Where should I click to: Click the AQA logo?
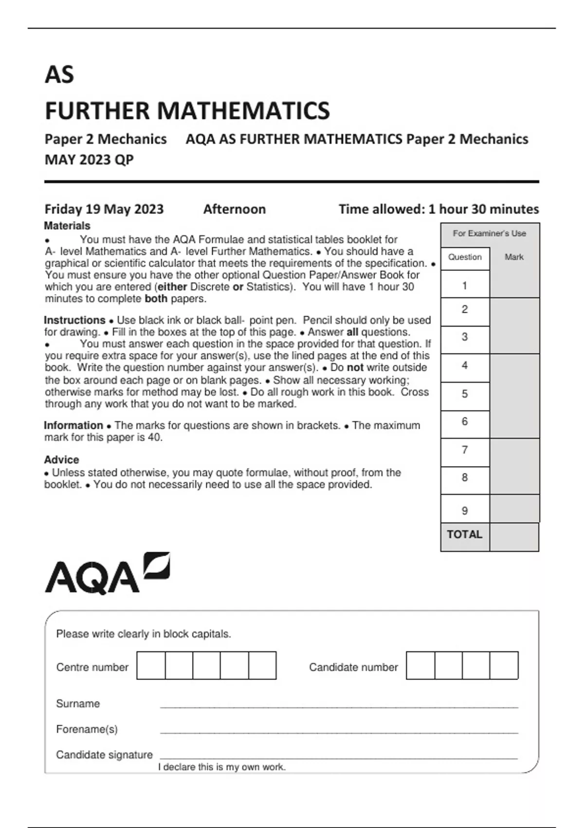(x=107, y=574)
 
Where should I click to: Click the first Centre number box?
(x=151, y=665)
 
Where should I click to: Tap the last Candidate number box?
(x=504, y=665)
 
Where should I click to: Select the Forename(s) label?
(x=87, y=729)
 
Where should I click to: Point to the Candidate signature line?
(x=339, y=758)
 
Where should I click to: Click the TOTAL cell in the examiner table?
(x=464, y=535)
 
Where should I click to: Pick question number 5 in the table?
(x=464, y=394)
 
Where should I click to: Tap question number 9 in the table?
(x=464, y=510)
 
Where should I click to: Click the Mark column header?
(x=514, y=257)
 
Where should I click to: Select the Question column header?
(x=465, y=257)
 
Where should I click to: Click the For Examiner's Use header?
(x=489, y=234)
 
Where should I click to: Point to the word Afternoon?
(x=234, y=209)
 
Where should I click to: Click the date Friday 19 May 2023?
(x=104, y=209)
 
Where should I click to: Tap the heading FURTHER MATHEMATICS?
(x=187, y=111)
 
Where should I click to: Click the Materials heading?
(x=67, y=226)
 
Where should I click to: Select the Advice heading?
(x=61, y=460)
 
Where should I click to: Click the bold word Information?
(x=73, y=425)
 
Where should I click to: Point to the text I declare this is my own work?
(x=221, y=767)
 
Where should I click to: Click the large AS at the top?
(x=59, y=75)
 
